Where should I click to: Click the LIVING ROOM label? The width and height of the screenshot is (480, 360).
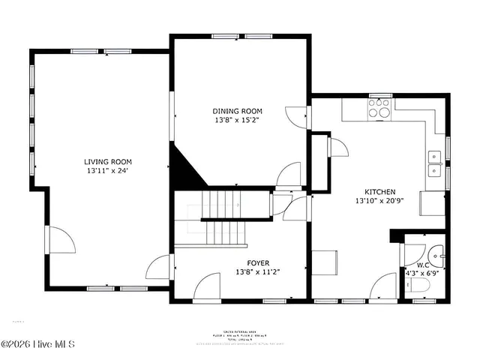(108, 161)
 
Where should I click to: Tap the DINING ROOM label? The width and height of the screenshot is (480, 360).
(238, 110)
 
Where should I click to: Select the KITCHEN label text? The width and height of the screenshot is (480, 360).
(379, 192)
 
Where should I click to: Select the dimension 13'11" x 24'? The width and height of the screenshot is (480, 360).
(108, 170)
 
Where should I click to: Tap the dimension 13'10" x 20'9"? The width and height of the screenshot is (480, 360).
(379, 201)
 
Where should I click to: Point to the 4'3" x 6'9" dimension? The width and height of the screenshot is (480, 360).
(424, 274)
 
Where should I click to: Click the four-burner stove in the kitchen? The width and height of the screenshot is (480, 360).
(380, 112)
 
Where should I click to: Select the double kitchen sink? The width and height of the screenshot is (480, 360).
(434, 163)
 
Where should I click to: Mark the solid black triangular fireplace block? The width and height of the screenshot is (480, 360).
(186, 169)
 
